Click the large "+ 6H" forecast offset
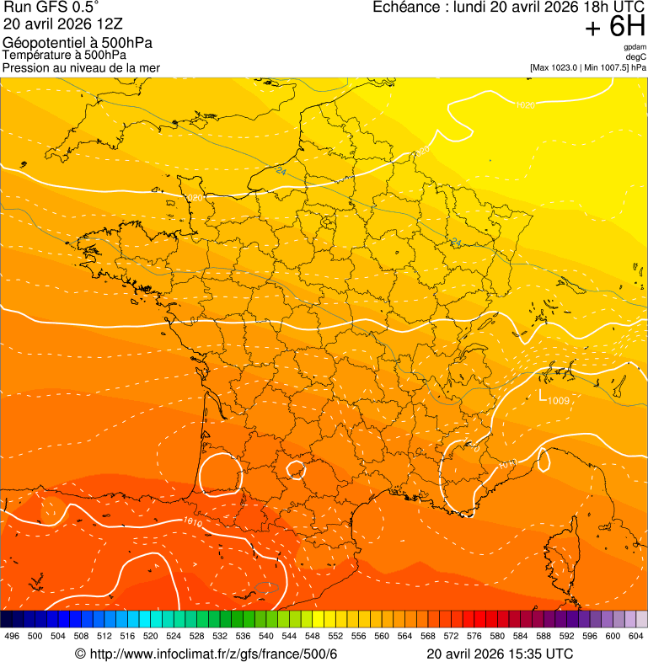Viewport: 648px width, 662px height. click(614, 29)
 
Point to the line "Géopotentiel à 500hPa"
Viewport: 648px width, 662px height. click(78, 43)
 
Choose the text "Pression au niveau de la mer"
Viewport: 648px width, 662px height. click(81, 67)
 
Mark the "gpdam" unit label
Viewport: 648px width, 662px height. click(635, 48)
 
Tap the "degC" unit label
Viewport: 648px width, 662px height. click(636, 57)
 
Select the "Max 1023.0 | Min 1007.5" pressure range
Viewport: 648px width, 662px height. click(579, 67)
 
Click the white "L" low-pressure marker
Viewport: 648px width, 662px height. click(544, 393)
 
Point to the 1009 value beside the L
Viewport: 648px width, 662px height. click(559, 400)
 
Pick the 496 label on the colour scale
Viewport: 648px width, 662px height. click(12, 637)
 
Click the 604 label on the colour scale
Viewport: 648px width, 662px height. click(635, 637)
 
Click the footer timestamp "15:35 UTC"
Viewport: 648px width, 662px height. click(540, 654)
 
